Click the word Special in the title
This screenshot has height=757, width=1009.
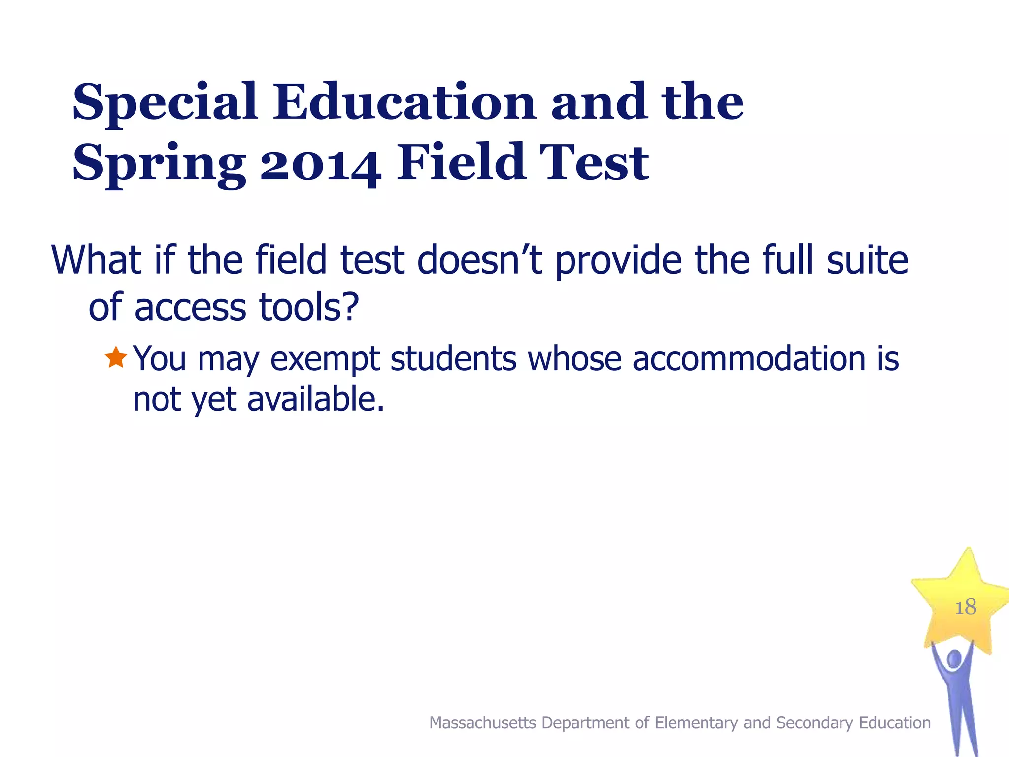click(x=165, y=103)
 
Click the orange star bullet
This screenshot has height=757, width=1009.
click(x=116, y=358)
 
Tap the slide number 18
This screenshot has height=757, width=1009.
click(x=965, y=607)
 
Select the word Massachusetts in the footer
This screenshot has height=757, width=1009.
click(x=482, y=723)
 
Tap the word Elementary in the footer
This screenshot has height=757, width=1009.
click(x=697, y=723)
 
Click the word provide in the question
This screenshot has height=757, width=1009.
click(x=621, y=261)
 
